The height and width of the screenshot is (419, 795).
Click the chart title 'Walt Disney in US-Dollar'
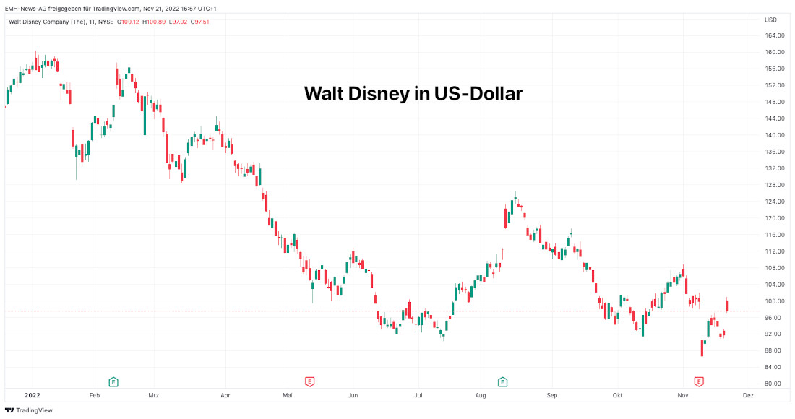pyautogui.click(x=413, y=93)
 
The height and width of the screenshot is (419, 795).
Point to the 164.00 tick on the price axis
pyautogui.click(x=775, y=35)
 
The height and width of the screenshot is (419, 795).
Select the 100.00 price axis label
pyautogui.click(x=775, y=301)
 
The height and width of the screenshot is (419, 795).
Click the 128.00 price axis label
pyautogui.click(x=775, y=185)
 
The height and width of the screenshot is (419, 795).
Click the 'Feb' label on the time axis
pyautogui.click(x=94, y=396)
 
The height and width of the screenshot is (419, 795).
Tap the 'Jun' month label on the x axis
pyautogui.click(x=353, y=396)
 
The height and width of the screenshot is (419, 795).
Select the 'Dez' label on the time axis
pyautogui.click(x=748, y=396)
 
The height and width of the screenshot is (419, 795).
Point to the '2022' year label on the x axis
pyautogui.click(x=32, y=396)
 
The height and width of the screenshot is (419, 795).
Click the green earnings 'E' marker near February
pyautogui.click(x=113, y=381)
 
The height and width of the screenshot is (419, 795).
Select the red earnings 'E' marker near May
pyautogui.click(x=309, y=381)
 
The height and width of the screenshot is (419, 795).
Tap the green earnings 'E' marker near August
pyautogui.click(x=502, y=381)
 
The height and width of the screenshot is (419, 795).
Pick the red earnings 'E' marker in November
pyautogui.click(x=699, y=381)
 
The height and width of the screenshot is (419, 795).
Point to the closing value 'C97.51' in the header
pyautogui.click(x=198, y=22)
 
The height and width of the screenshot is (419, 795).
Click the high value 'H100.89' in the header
pyautogui.click(x=154, y=22)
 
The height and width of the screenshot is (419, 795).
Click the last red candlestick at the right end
pyautogui.click(x=726, y=305)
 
